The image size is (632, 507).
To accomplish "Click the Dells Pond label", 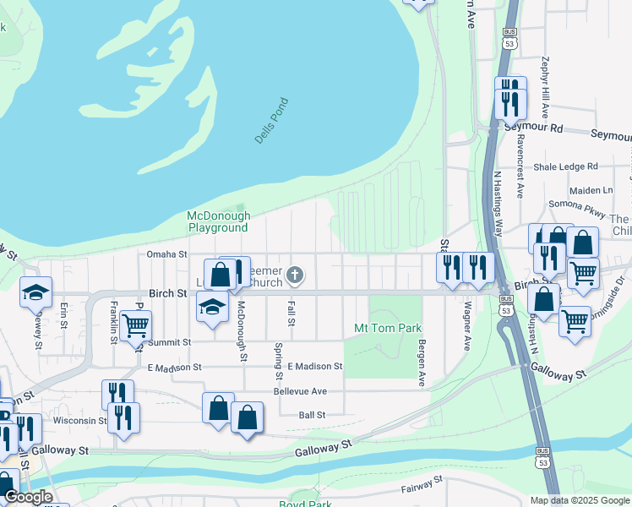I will [x=271, y=121].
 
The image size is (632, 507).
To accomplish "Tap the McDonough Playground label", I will [x=218, y=221].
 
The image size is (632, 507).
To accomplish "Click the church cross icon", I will [x=294, y=274].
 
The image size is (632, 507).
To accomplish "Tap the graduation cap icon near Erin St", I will [x=36, y=292].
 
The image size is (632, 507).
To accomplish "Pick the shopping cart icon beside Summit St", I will [x=135, y=324].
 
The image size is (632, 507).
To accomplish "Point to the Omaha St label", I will [x=166, y=254].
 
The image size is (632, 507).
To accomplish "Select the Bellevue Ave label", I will [x=300, y=391].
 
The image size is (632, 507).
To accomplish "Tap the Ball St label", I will [x=312, y=415].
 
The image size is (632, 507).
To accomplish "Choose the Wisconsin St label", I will [x=79, y=420].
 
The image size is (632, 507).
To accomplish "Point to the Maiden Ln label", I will [x=590, y=191].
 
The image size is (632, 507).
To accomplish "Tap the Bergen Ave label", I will [x=422, y=363].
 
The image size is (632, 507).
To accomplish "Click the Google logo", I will [x=28, y=497].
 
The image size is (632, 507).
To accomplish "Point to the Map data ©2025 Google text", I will [x=579, y=500].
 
